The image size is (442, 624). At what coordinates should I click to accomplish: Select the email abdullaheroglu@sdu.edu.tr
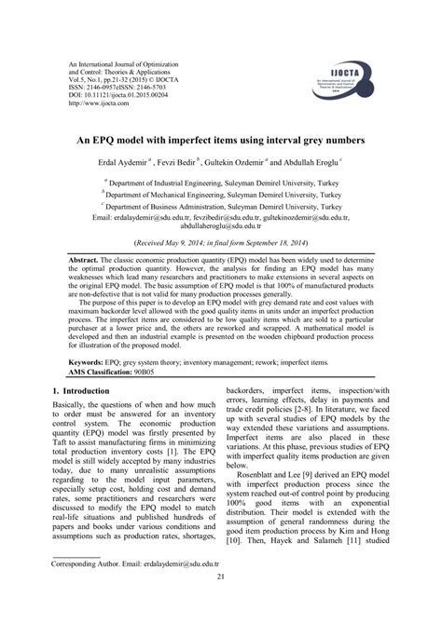pos(221,226)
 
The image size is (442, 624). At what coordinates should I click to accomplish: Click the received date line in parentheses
pos(221,241)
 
